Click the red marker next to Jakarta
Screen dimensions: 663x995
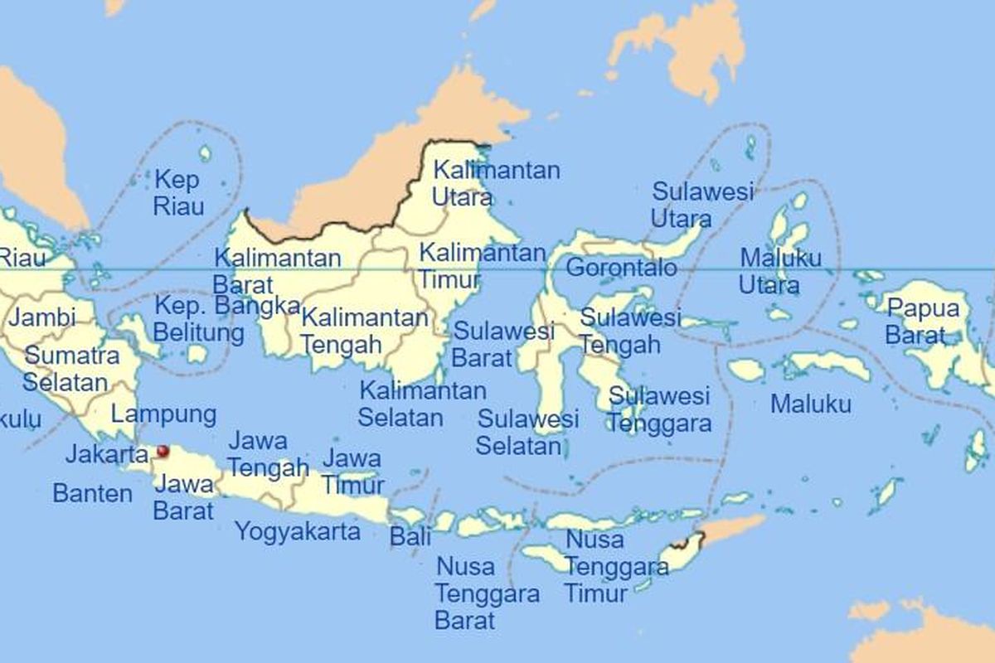[163, 451]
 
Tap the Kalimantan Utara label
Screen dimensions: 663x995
[496, 184]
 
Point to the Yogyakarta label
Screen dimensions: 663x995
[298, 530]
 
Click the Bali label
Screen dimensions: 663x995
[410, 536]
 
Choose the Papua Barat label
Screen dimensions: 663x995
[922, 322]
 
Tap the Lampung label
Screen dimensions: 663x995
[163, 414]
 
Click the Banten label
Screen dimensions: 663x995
[92, 494]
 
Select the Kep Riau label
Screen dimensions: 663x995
[177, 192]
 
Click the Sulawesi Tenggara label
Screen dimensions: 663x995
[659, 409]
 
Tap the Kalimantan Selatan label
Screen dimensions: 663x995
[422, 403]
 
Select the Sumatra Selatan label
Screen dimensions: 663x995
[70, 369]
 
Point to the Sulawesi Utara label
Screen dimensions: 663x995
[702, 205]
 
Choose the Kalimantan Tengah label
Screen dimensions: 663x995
[364, 330]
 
